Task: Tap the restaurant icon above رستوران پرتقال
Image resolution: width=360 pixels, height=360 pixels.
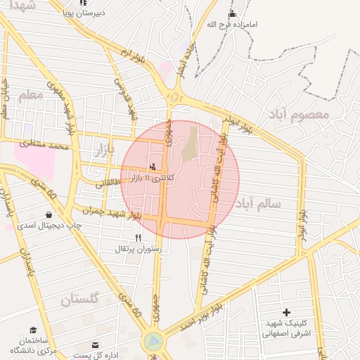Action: [x=138, y=238]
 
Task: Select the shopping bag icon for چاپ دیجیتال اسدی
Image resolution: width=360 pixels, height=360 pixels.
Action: [x=49, y=214]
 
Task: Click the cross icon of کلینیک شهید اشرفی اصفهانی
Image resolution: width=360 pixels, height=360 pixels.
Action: [x=286, y=312]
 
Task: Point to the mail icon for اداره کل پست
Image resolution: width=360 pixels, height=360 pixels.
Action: [x=96, y=345]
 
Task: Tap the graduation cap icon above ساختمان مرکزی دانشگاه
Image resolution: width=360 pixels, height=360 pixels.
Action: [x=33, y=330]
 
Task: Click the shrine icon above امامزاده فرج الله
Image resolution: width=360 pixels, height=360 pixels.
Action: [x=233, y=14]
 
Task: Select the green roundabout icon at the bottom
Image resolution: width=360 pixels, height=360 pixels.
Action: [x=153, y=342]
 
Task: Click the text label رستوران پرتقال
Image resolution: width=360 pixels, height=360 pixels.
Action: [x=137, y=249]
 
